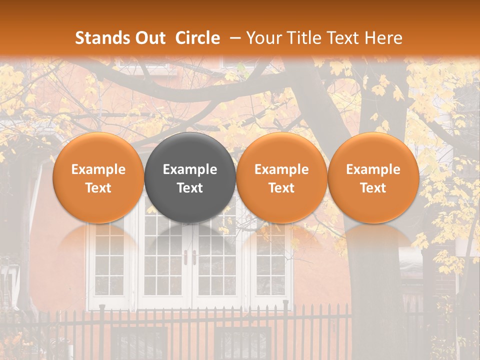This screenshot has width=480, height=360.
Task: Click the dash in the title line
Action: coord(235,38)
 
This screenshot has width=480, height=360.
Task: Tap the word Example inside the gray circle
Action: coord(190,169)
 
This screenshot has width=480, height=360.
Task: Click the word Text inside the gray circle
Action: coord(190,188)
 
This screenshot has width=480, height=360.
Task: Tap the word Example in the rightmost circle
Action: coord(373,169)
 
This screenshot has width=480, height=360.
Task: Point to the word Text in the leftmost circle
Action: coord(98,188)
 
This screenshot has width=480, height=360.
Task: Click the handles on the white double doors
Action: coord(190,257)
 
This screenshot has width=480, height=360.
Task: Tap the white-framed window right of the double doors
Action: coord(270,265)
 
